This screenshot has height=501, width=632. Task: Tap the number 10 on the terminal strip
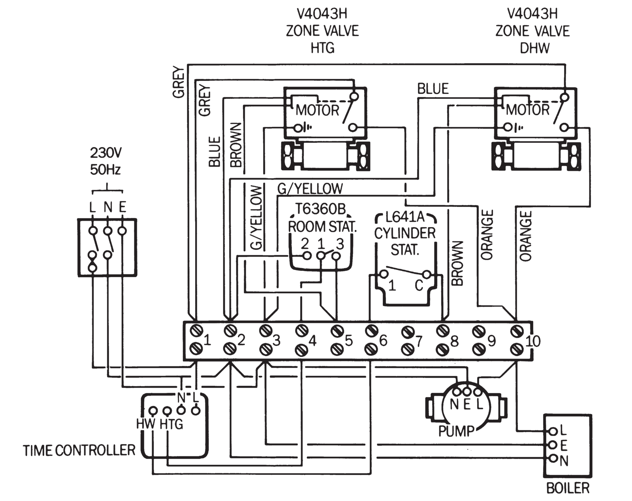pyautogui.click(x=533, y=341)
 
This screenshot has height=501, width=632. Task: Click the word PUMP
pyautogui.click(x=456, y=431)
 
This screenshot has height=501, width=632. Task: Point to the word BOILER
pyautogui.click(x=568, y=488)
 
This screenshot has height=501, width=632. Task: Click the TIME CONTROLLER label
pyautogui.click(x=79, y=450)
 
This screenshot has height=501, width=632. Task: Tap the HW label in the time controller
pyautogui.click(x=145, y=424)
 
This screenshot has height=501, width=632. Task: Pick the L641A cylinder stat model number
pyautogui.click(x=404, y=217)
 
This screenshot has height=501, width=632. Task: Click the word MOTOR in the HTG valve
pyautogui.click(x=317, y=110)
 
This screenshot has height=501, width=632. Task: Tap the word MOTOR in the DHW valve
pyautogui.click(x=528, y=110)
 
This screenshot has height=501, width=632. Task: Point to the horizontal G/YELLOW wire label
pyautogui.click(x=310, y=189)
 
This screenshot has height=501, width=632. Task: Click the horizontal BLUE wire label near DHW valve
pyautogui.click(x=433, y=89)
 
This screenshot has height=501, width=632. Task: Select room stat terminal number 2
pyautogui.click(x=305, y=244)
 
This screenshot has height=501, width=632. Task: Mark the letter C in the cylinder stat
pyautogui.click(x=419, y=285)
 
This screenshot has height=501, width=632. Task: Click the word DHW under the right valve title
pyautogui.click(x=534, y=48)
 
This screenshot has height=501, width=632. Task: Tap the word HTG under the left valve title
pyautogui.click(x=322, y=48)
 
